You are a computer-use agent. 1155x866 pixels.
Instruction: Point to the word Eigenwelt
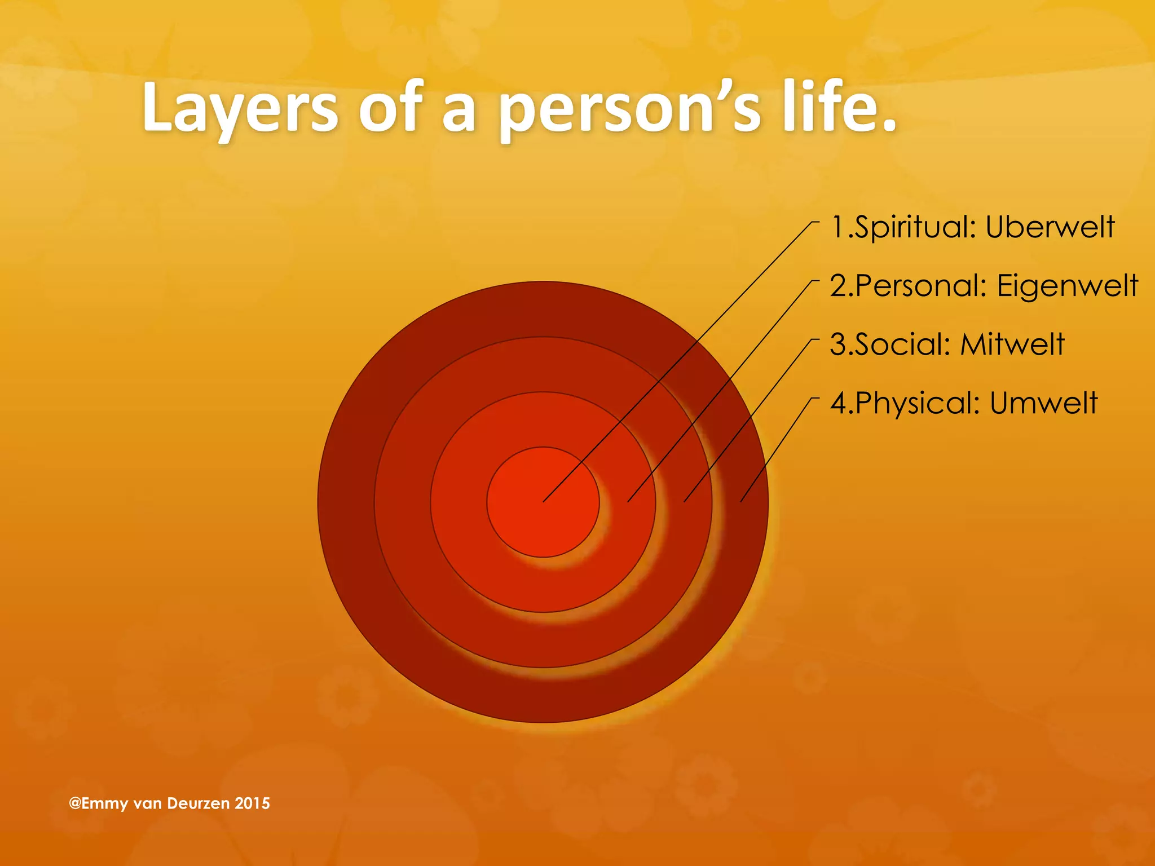(x=1068, y=286)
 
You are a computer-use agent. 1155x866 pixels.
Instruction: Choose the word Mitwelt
(x=1012, y=344)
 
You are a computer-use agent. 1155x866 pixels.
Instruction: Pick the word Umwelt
(x=1043, y=403)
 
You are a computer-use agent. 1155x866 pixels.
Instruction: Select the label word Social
(x=902, y=344)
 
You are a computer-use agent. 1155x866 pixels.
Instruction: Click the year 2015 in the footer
(x=252, y=803)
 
